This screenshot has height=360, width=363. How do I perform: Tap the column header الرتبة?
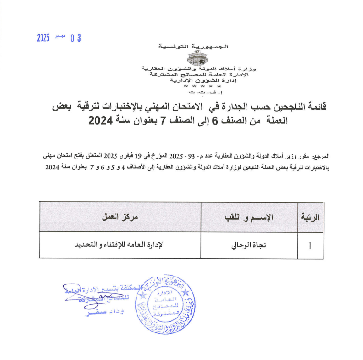click(310, 218)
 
